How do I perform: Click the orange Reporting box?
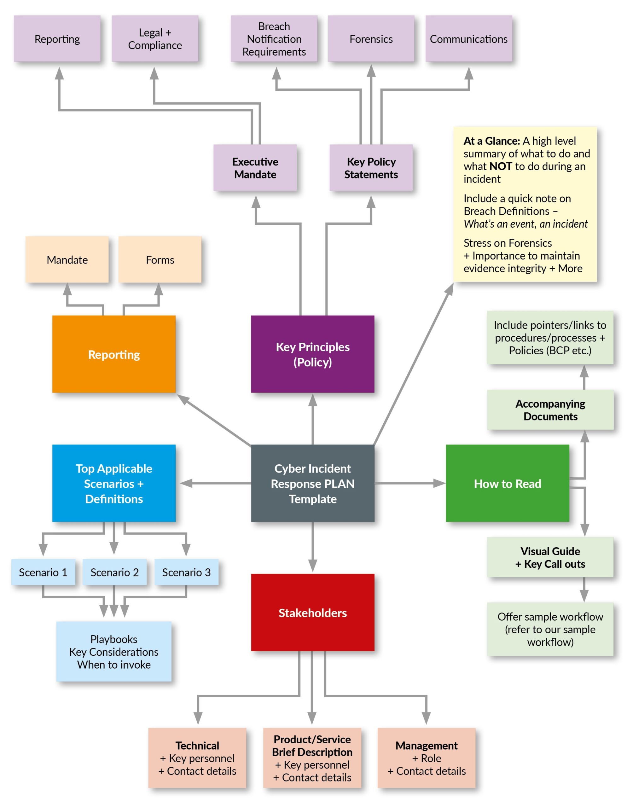coord(114,354)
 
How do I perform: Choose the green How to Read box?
coord(507,483)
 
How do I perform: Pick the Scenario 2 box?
coord(114,572)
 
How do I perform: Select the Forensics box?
coord(371,39)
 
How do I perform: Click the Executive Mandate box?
coord(255,168)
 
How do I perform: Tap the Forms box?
coord(160,260)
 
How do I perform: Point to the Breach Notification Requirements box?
coord(274,39)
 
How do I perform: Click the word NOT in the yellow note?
coord(500,166)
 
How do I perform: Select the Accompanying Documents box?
coord(550,410)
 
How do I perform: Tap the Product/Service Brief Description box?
coord(312,758)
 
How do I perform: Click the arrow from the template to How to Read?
coord(410,483)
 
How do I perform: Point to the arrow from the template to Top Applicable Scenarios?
coord(214,483)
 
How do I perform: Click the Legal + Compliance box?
coord(155,39)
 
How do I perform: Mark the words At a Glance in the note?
coord(491,141)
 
